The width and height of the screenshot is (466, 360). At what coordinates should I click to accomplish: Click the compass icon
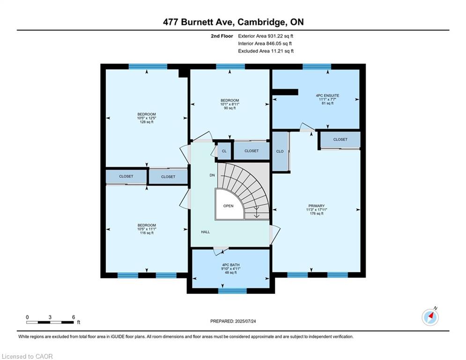430,317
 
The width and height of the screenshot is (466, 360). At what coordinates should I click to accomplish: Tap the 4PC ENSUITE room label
327,96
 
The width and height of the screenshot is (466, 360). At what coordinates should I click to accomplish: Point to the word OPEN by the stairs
229,206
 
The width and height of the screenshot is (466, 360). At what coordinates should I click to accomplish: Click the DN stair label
212,175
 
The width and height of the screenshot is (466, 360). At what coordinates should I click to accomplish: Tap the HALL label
206,232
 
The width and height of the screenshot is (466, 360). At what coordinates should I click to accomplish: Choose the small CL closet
224,151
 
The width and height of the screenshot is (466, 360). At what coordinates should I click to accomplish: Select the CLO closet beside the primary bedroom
280,151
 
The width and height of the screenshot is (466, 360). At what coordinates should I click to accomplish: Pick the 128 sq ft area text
147,122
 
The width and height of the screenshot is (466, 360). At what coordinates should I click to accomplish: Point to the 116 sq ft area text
147,232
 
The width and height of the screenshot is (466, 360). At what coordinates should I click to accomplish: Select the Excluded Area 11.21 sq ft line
266,51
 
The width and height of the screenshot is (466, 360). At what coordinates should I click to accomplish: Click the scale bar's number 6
74,317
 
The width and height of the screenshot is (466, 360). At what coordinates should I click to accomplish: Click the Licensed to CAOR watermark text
27,356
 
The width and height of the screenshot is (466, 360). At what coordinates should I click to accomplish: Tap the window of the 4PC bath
232,291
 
